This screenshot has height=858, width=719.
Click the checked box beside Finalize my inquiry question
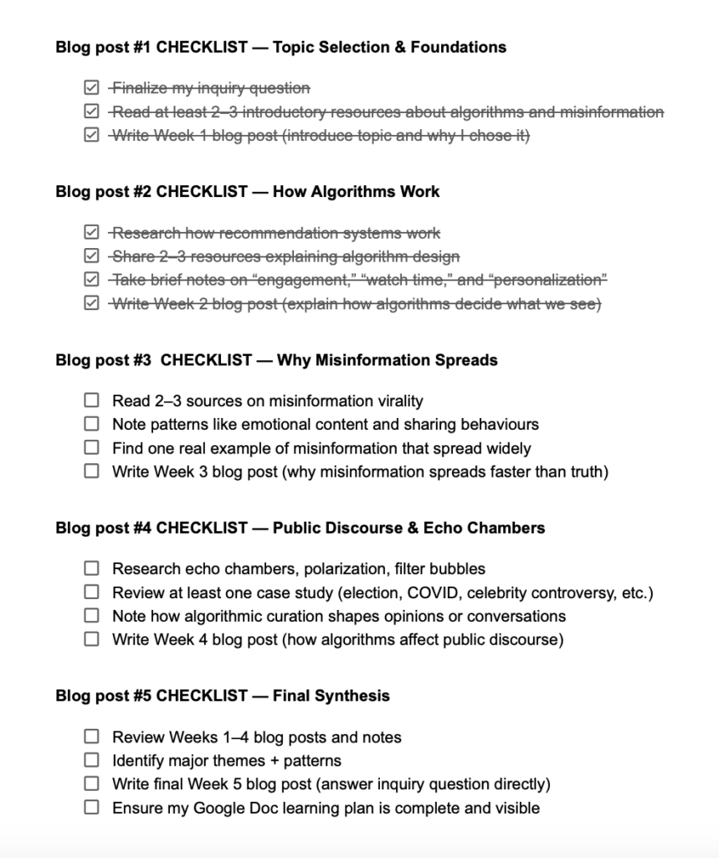pos(91,88)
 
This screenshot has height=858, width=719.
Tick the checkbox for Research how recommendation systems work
pos(91,233)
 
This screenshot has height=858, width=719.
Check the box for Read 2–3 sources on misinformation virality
pos(91,401)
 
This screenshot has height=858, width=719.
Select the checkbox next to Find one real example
pos(91,448)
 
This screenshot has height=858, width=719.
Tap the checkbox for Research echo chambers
pos(91,569)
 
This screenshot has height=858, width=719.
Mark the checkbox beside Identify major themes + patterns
pos(91,761)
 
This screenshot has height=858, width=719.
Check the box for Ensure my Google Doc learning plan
pos(91,809)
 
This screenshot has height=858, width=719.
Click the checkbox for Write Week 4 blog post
pos(91,640)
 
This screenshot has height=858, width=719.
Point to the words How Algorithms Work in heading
pos(375,192)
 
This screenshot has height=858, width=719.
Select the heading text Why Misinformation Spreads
pos(387,360)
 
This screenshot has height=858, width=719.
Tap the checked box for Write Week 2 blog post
pos(91,304)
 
